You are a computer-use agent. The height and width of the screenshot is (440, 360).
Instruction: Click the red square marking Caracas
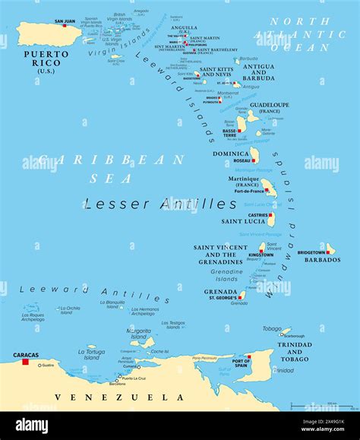tap(25, 362)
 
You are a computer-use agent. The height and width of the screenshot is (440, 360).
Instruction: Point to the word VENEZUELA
tap(120, 397)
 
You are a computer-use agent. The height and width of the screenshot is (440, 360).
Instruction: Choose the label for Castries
tap(257, 215)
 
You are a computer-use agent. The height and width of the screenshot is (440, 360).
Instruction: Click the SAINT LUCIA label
tap(243, 222)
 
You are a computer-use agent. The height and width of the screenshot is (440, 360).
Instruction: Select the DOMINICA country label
tap(232, 154)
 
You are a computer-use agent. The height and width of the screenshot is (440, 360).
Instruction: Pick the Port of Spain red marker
tap(248, 356)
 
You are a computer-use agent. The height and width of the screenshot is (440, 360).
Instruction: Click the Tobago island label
tap(271, 329)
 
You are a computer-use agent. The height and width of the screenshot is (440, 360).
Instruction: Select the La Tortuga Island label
tap(91, 354)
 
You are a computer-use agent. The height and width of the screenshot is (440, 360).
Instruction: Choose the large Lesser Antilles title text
tap(160, 204)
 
